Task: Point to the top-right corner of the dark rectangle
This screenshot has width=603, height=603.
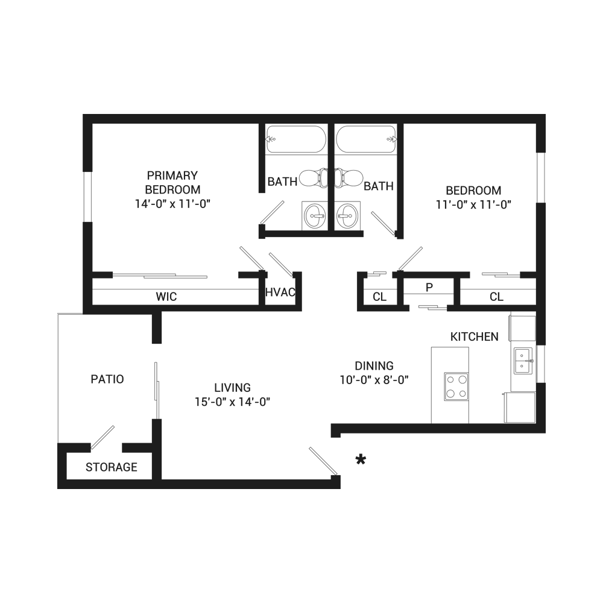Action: pos(545,115)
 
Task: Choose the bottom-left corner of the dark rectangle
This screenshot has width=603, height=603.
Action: pos(58,488)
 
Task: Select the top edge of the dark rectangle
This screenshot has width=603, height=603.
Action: pos(301,115)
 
